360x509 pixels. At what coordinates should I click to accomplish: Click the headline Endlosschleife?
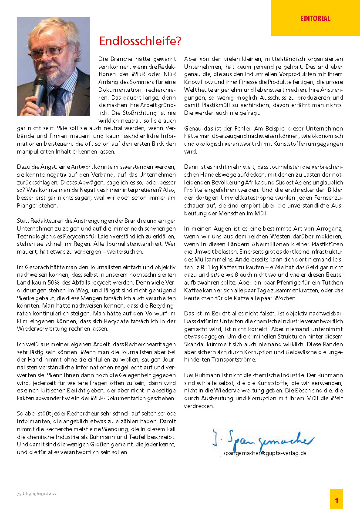140,41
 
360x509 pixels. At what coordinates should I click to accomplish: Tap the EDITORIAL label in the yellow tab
315,18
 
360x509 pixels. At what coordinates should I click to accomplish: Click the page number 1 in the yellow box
336,500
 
